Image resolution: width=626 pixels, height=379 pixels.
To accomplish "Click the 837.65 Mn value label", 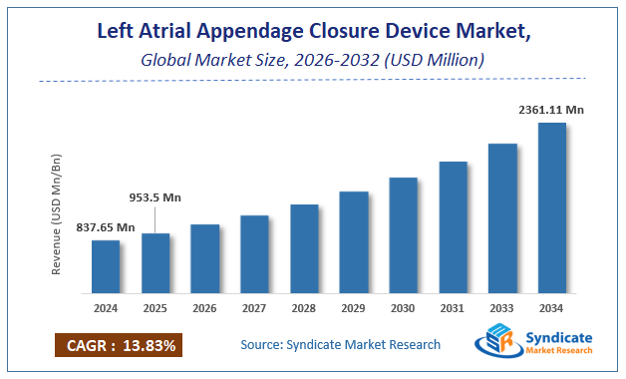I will [106, 227].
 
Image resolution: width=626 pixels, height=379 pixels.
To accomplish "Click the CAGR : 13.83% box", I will [118, 346].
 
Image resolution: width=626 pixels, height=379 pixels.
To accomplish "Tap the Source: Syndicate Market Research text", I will [340, 345].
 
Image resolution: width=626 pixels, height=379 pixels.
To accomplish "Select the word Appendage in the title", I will [286, 31].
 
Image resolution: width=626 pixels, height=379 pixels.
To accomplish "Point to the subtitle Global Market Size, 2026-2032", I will [312, 60].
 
